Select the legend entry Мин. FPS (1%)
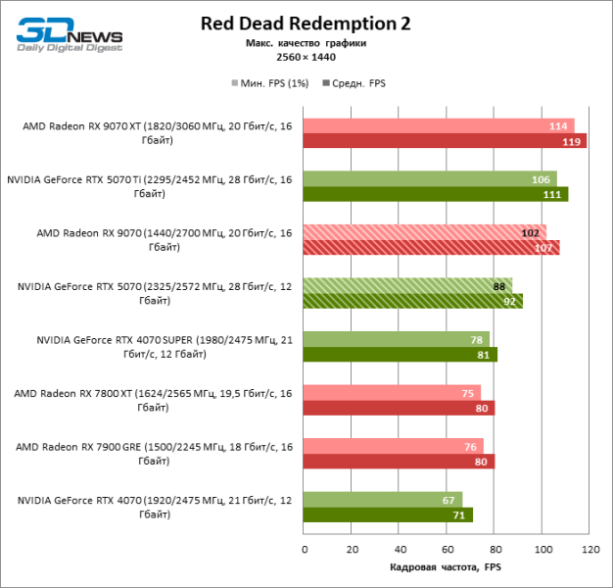pos(269,83)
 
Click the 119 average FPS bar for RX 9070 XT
pos(445,141)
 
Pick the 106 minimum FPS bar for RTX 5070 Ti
pos(429,178)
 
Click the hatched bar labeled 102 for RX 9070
pos(424,232)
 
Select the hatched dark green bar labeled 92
pos(412,301)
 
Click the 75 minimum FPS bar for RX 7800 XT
pos(392,393)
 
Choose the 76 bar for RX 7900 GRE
pos(393,446)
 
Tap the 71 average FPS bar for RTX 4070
pos(388,514)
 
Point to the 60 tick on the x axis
pos(447,550)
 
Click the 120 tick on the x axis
pos(589,550)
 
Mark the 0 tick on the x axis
pos(304,550)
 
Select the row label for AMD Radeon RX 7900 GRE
pos(152,453)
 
